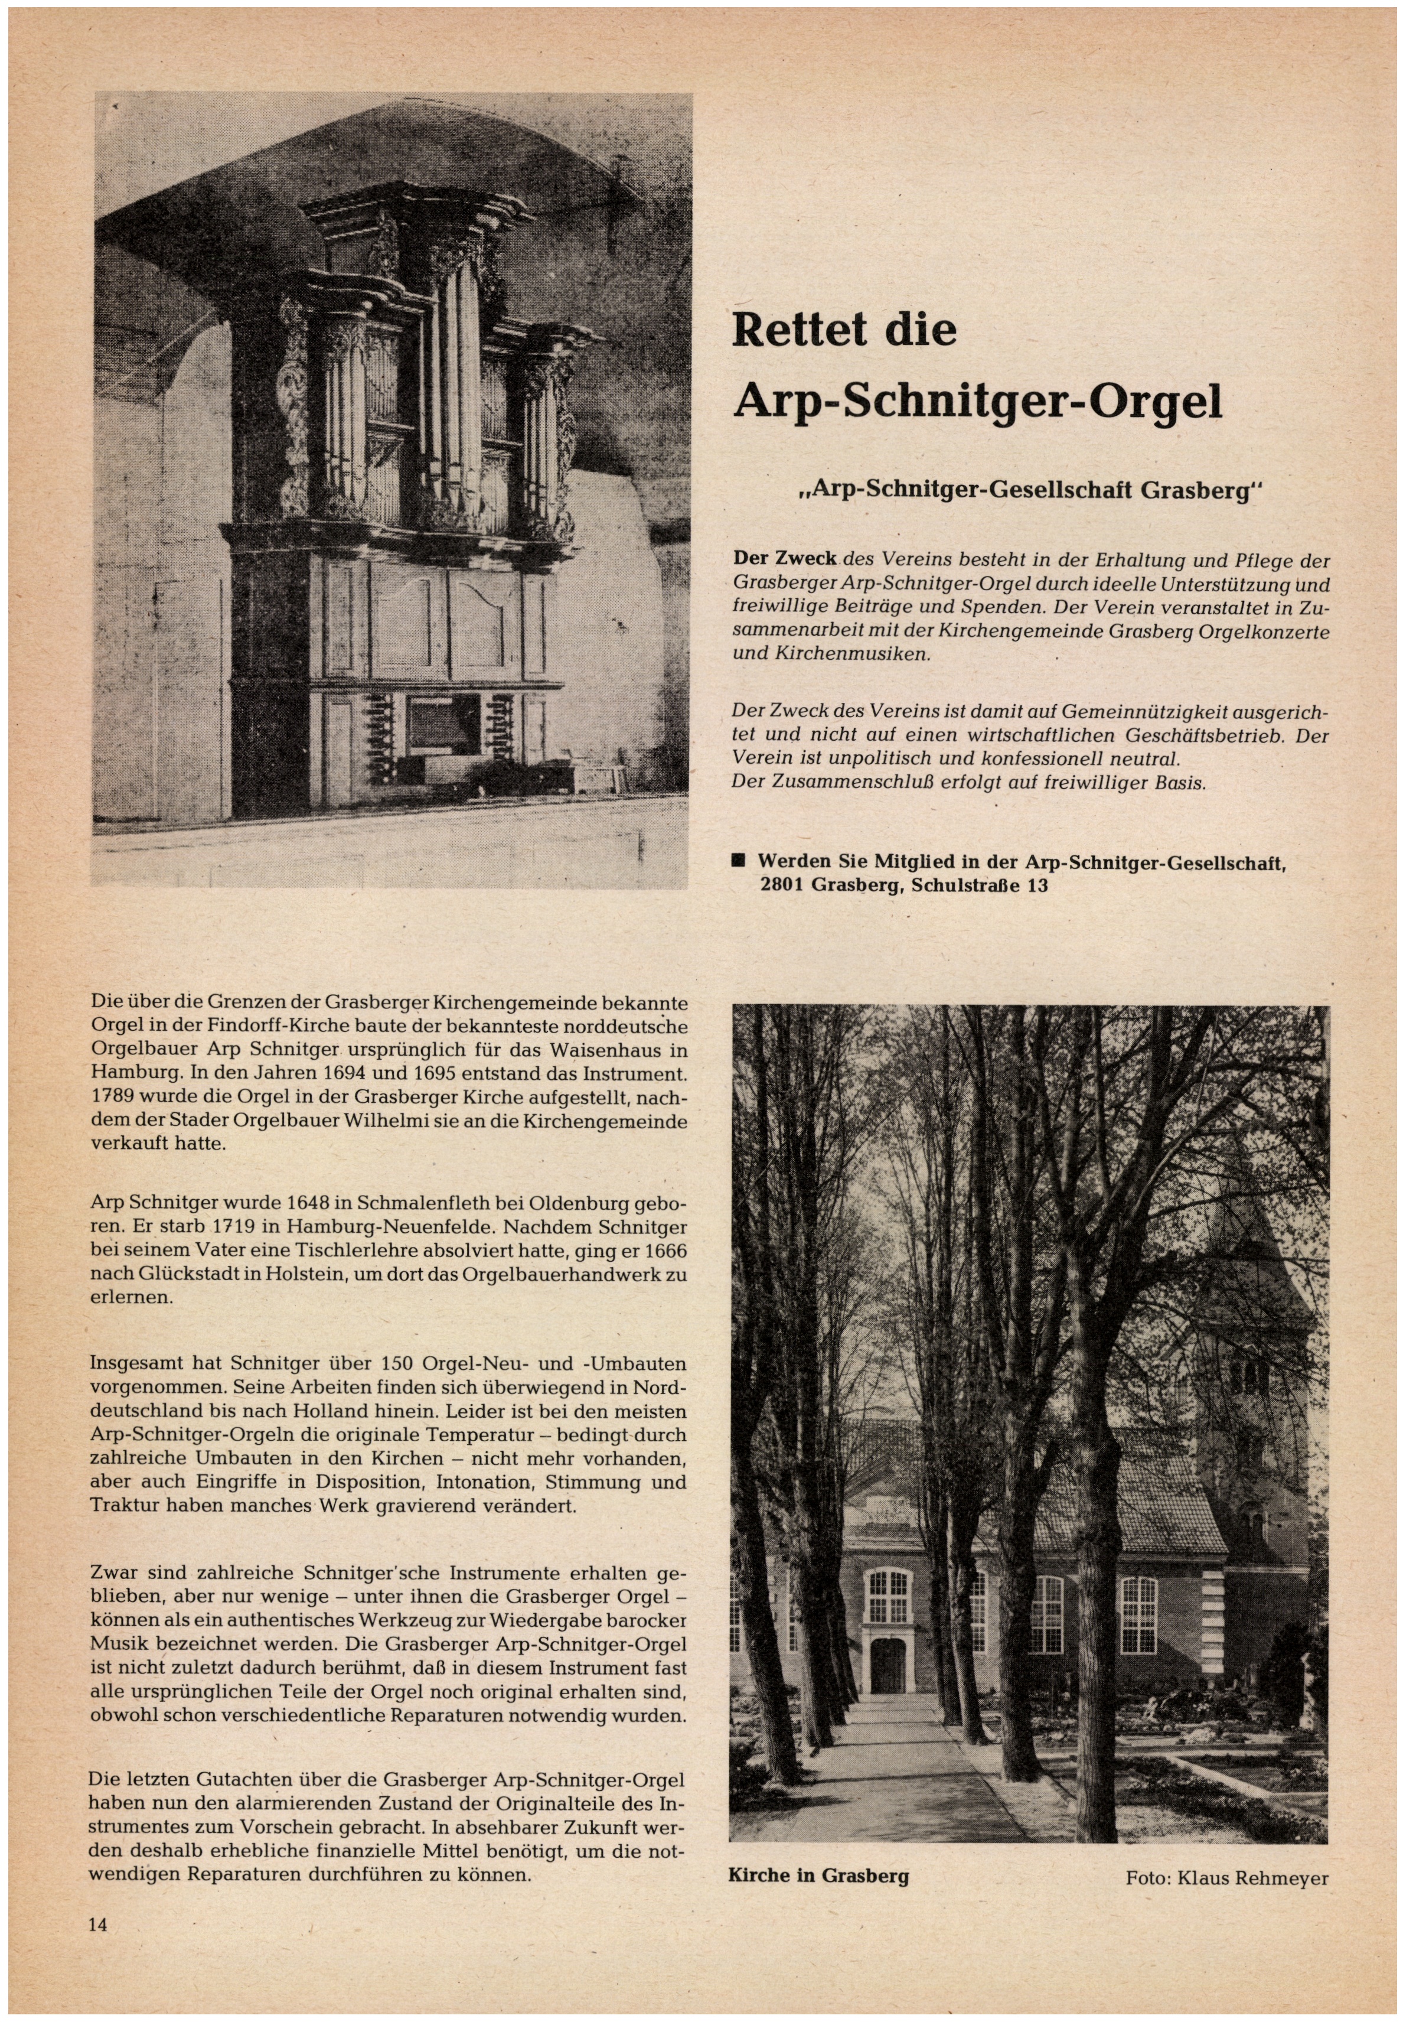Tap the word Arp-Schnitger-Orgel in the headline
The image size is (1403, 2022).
(977, 401)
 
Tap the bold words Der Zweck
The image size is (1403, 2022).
(784, 560)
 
